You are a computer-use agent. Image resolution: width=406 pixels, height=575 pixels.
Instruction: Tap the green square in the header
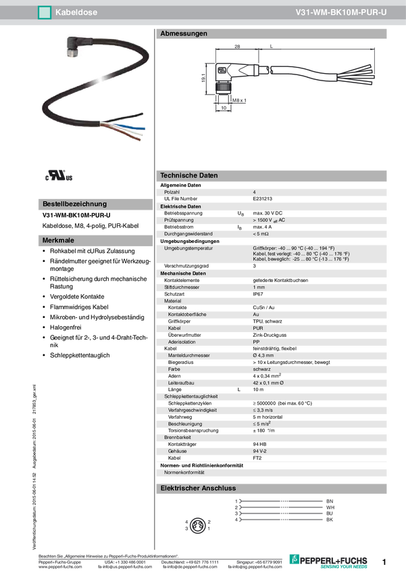[x=45, y=12]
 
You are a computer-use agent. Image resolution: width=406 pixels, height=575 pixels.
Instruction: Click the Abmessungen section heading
[x=184, y=33]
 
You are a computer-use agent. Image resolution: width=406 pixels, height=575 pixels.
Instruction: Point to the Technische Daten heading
[x=189, y=175]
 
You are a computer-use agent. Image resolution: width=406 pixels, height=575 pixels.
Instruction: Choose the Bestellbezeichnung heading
[x=74, y=204]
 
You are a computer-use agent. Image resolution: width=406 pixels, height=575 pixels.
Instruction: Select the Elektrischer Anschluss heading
[x=197, y=488]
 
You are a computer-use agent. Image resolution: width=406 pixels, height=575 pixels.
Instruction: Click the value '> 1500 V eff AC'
[x=269, y=220]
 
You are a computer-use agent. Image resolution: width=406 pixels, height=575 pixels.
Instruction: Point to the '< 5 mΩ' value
[x=261, y=234]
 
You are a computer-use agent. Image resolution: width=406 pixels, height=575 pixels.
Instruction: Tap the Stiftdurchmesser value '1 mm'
[x=259, y=287]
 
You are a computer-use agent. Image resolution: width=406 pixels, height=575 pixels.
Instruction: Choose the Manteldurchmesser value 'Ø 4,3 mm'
[x=263, y=355]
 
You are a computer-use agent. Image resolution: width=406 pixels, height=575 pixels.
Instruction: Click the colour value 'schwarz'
[x=262, y=369]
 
